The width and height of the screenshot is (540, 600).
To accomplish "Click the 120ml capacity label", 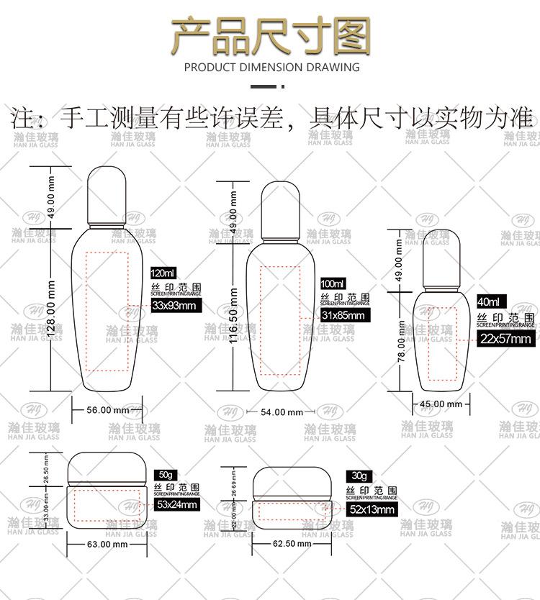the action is [163, 273].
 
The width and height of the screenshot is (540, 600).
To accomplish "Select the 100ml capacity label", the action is [333, 284].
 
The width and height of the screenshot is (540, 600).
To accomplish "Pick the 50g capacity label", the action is [166, 476].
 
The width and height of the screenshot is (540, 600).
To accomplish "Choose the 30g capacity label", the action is [359, 476].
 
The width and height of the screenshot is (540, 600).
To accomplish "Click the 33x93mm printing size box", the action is [174, 306].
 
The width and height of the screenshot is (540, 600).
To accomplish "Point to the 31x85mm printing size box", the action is [343, 316].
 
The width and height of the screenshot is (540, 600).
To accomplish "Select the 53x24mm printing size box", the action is [176, 504].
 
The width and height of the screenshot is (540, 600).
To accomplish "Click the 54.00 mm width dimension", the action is [281, 412].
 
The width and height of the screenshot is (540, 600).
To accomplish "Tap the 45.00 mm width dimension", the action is [441, 404].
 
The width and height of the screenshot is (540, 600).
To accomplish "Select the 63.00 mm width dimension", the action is [107, 545].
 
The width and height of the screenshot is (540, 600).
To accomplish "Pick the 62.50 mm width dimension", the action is [292, 544].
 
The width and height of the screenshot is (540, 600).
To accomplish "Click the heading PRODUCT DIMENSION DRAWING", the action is [271, 68].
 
